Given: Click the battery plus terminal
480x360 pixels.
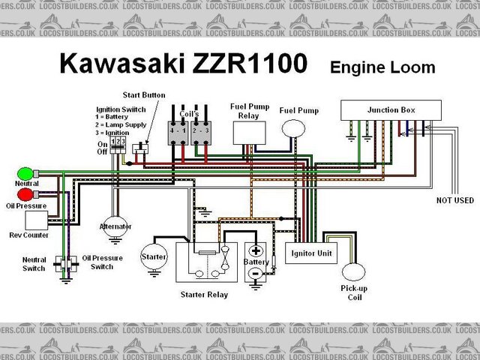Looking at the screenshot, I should point(256,251).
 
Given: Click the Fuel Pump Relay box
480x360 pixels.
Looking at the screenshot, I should point(248,130).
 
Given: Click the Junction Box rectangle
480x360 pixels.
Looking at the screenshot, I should point(391,110).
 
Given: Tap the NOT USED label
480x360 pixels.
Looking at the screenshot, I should point(455,200).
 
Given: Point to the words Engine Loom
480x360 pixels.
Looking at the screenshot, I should point(382,67).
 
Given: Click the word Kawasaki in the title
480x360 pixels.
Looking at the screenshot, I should point(120,65).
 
